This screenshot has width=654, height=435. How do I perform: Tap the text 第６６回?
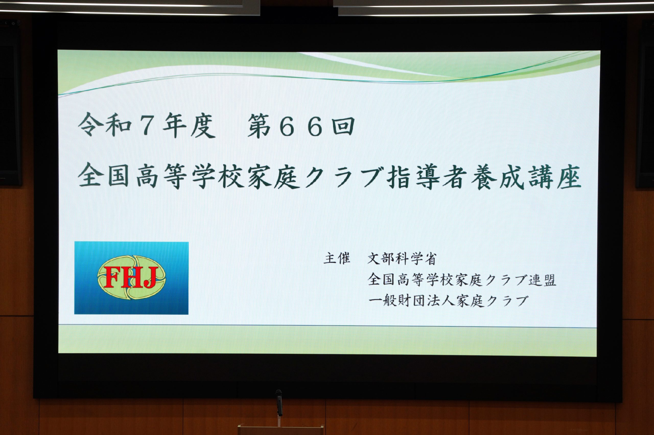point(301,126)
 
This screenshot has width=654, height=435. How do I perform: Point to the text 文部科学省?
point(402,259)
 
